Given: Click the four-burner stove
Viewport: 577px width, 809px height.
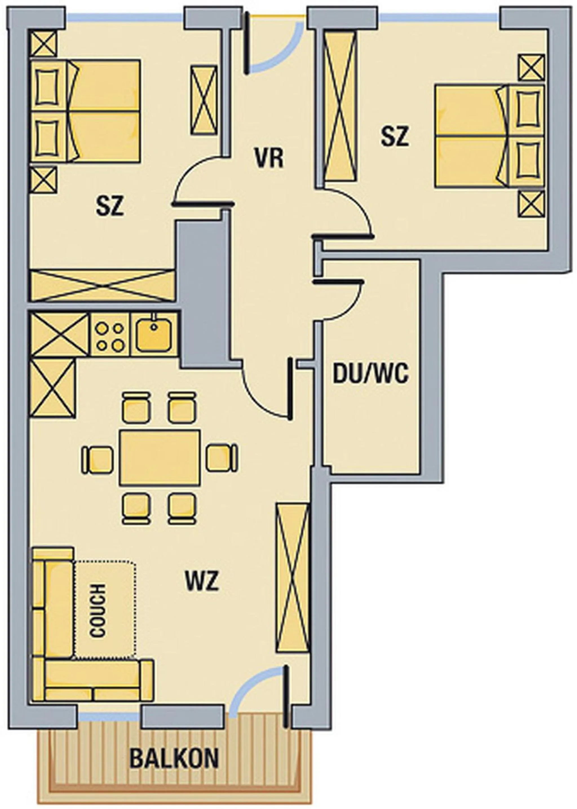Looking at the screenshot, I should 110,334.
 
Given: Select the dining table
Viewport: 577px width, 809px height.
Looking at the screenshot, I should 160,457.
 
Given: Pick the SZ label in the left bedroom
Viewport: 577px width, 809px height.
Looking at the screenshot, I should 110,207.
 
